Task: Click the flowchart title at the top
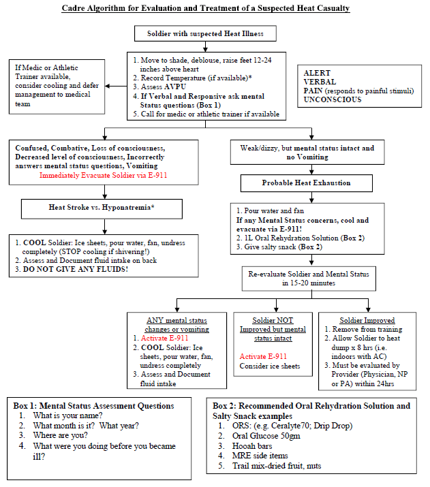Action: click(x=206, y=8)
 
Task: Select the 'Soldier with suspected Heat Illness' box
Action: click(x=205, y=33)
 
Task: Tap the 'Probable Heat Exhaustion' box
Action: click(x=307, y=183)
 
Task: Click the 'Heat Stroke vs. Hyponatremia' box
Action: click(x=102, y=208)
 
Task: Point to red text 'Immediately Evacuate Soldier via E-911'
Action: click(x=103, y=175)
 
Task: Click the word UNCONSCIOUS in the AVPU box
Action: click(x=333, y=99)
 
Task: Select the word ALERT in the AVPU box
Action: click(x=317, y=73)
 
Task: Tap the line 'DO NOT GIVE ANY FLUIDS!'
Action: click(x=76, y=269)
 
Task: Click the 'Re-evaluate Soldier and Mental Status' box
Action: click(x=309, y=279)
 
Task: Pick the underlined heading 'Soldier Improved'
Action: click(x=367, y=320)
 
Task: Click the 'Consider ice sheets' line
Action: click(x=270, y=366)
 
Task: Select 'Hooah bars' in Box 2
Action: click(x=252, y=446)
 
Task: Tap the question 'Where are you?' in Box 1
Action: click(x=60, y=435)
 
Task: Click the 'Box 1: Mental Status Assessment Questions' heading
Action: click(x=93, y=406)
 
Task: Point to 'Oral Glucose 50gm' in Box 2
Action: click(x=266, y=436)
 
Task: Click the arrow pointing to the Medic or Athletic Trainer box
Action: click(x=116, y=86)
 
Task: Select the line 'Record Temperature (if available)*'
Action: click(x=196, y=78)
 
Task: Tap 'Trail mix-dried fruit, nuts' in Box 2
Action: click(x=277, y=466)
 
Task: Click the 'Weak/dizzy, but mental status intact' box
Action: click(x=307, y=152)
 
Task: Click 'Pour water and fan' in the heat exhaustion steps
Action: click(x=274, y=210)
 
